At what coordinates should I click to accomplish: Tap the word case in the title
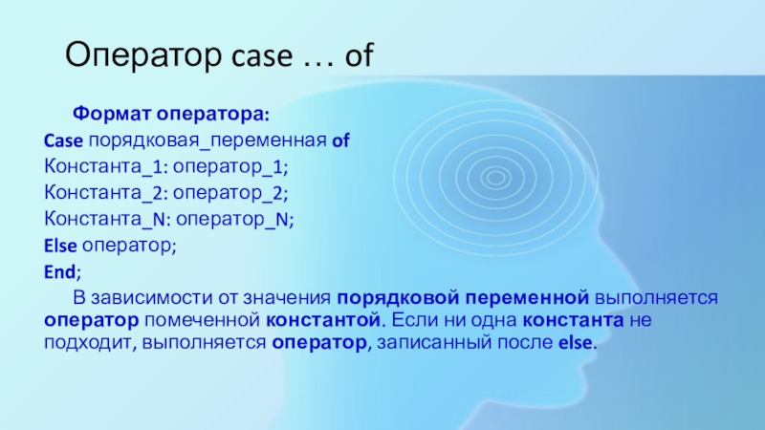(261, 56)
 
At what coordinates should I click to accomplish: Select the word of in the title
(360, 54)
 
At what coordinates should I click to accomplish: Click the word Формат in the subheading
(112, 114)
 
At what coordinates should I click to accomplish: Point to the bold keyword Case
(63, 140)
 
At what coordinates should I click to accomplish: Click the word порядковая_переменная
(208, 140)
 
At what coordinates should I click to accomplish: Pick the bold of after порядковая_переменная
(340, 140)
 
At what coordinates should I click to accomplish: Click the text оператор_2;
(230, 193)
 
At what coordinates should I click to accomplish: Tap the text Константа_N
(104, 220)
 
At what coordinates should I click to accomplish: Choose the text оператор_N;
(235, 220)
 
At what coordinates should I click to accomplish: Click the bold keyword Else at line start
(60, 246)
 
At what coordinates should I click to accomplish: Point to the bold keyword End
(60, 271)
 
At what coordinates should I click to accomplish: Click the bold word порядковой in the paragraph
(398, 297)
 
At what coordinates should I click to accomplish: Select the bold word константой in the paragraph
(323, 320)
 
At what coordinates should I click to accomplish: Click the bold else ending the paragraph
(576, 342)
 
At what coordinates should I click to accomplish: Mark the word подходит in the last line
(90, 343)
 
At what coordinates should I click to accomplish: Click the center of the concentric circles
(495, 178)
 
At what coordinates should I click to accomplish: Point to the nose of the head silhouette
(611, 336)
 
